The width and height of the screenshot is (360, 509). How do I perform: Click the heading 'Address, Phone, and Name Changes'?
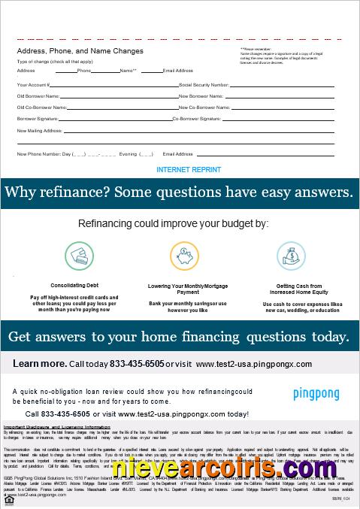click(x=80, y=51)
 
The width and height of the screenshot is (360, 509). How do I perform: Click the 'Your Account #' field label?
click(x=33, y=85)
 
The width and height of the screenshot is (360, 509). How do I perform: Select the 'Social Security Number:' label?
click(x=204, y=85)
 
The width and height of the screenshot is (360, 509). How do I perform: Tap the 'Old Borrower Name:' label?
click(x=38, y=96)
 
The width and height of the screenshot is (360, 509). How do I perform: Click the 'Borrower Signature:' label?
click(x=38, y=119)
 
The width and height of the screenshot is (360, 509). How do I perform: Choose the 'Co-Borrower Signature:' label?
click(x=197, y=119)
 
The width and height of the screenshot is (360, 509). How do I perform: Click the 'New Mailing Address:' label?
click(x=39, y=130)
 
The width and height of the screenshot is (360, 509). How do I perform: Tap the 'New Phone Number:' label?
click(x=38, y=153)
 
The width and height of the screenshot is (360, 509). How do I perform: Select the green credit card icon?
click(x=78, y=256)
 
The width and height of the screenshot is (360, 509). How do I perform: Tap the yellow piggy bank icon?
click(x=183, y=256)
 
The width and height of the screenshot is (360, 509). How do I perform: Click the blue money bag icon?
click(x=291, y=256)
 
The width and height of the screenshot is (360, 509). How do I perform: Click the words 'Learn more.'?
click(x=39, y=364)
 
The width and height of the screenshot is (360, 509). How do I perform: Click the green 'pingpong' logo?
click(x=315, y=394)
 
